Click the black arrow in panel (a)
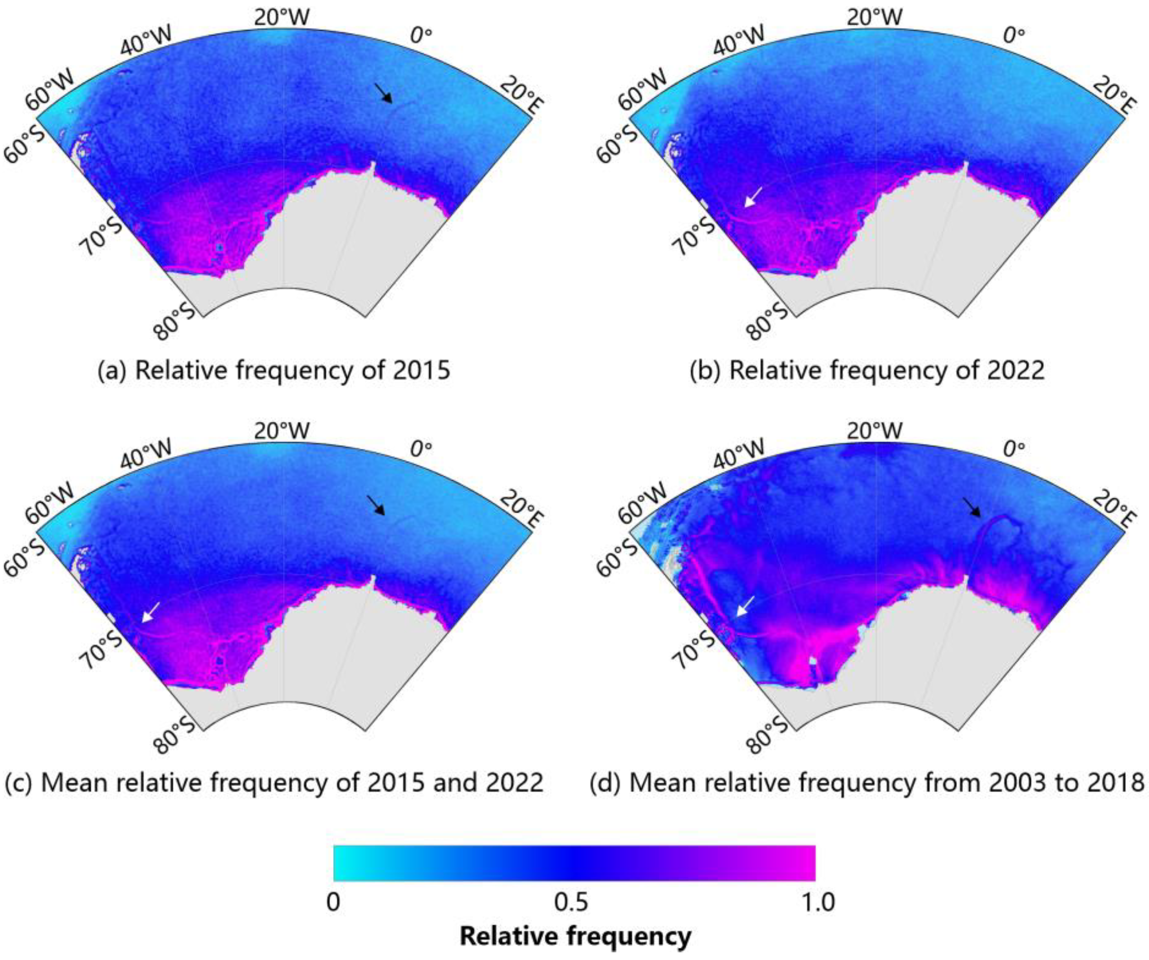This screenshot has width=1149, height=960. click(384, 93)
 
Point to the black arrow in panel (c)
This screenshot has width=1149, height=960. click(376, 506)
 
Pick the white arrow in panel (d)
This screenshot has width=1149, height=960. click(745, 606)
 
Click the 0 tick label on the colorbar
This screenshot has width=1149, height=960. click(333, 901)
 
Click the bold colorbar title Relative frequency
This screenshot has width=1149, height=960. click(575, 936)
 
